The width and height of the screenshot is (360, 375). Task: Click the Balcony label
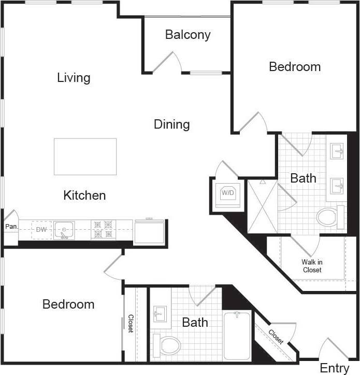pos(188,35)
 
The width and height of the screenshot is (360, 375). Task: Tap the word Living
pos(74,78)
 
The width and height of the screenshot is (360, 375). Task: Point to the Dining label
pos(171,124)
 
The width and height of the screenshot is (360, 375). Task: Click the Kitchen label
pos(84,196)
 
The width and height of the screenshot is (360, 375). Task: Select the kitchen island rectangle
pos(85,156)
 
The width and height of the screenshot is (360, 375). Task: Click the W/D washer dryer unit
pos(227,194)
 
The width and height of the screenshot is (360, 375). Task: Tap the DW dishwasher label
pos(41,229)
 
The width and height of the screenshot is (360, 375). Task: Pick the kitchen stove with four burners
pos(102,230)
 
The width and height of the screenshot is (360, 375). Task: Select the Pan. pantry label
pos(11,227)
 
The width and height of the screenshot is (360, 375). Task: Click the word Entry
pos(334,368)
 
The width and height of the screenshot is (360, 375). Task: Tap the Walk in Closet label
pos(312,266)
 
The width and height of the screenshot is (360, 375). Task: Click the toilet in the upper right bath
pos(328,217)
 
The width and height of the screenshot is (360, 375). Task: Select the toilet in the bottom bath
pos(167,345)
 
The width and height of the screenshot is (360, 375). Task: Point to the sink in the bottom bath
pos(160,314)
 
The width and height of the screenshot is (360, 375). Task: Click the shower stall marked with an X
pos(262,206)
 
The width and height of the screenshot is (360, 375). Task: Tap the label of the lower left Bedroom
pos(68,304)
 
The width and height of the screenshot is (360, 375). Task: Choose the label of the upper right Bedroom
pos(295,66)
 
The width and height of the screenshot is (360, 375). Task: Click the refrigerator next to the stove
pos(149,231)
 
